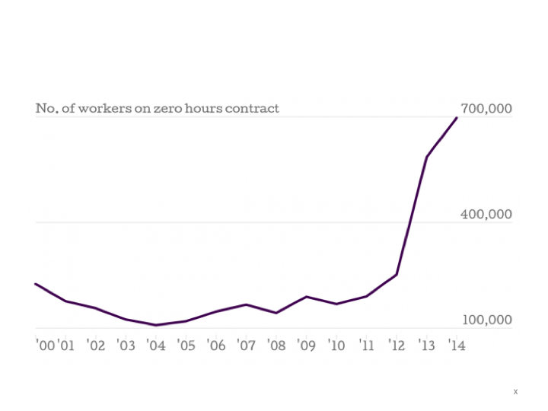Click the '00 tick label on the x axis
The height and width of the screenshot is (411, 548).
click(45, 346)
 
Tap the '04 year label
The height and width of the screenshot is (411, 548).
click(155, 346)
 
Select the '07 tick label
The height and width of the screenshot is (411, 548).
click(246, 346)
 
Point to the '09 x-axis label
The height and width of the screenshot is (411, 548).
click(306, 346)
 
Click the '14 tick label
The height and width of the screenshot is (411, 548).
click(456, 346)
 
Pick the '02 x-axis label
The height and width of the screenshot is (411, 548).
click(96, 346)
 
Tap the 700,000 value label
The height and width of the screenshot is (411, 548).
click(486, 109)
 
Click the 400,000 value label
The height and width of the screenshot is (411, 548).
click(486, 215)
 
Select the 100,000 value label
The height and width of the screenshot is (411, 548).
click(486, 320)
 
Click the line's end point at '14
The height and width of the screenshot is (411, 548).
click(457, 117)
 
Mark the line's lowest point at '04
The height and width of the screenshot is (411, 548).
click(155, 325)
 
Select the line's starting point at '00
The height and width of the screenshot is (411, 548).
click(36, 284)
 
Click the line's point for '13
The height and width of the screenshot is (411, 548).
click(426, 158)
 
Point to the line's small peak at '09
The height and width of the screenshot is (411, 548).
click(306, 297)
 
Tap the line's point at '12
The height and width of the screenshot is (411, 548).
click(397, 275)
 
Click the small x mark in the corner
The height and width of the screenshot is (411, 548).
click(515, 392)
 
